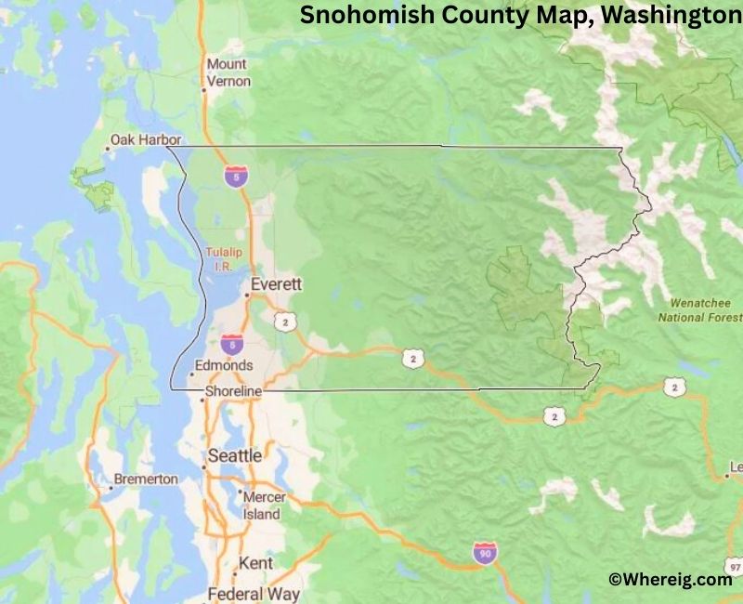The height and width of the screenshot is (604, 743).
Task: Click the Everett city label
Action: click(276, 284)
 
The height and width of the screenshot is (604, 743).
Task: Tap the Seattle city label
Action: click(234, 456)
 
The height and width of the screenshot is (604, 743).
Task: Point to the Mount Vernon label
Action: click(228, 72)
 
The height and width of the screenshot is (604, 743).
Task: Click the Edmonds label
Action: click(225, 365)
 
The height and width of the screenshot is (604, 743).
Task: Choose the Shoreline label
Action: click(233, 392)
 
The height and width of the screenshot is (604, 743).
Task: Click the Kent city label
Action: click(255, 563)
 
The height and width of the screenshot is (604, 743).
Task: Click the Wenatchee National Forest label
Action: click(699, 310)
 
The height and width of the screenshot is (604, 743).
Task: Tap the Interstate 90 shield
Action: click(484, 553)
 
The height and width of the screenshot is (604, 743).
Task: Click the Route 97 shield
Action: click(734, 566)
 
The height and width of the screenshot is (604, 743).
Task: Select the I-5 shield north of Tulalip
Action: click(236, 176)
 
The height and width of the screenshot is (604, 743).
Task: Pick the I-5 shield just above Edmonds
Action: click(232, 345)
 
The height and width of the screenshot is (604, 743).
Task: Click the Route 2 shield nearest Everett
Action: click(284, 321)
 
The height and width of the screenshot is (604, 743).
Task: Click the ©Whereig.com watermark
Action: click(670, 579)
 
